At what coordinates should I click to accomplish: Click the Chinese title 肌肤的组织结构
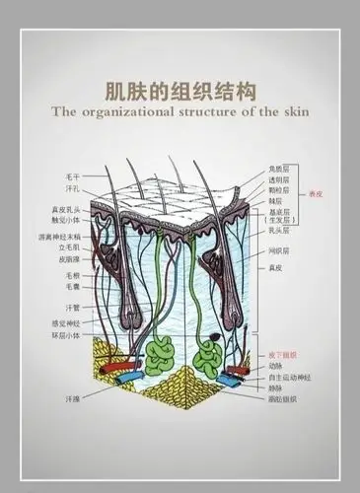click(180, 91)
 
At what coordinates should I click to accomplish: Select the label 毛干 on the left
click(58, 174)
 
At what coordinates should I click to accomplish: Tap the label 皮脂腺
click(55, 260)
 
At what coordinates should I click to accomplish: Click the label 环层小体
click(52, 333)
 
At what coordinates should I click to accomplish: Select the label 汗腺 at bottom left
click(58, 399)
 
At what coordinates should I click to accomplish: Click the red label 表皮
click(316, 194)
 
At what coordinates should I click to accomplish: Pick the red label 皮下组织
click(283, 354)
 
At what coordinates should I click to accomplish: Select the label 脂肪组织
click(283, 399)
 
